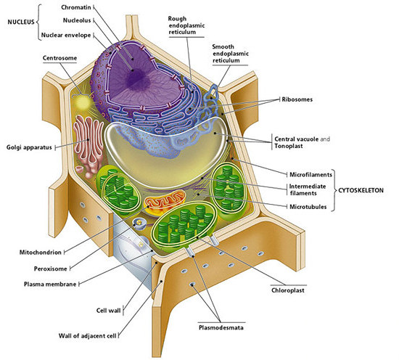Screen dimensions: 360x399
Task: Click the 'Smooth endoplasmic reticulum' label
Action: click(x=234, y=54)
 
